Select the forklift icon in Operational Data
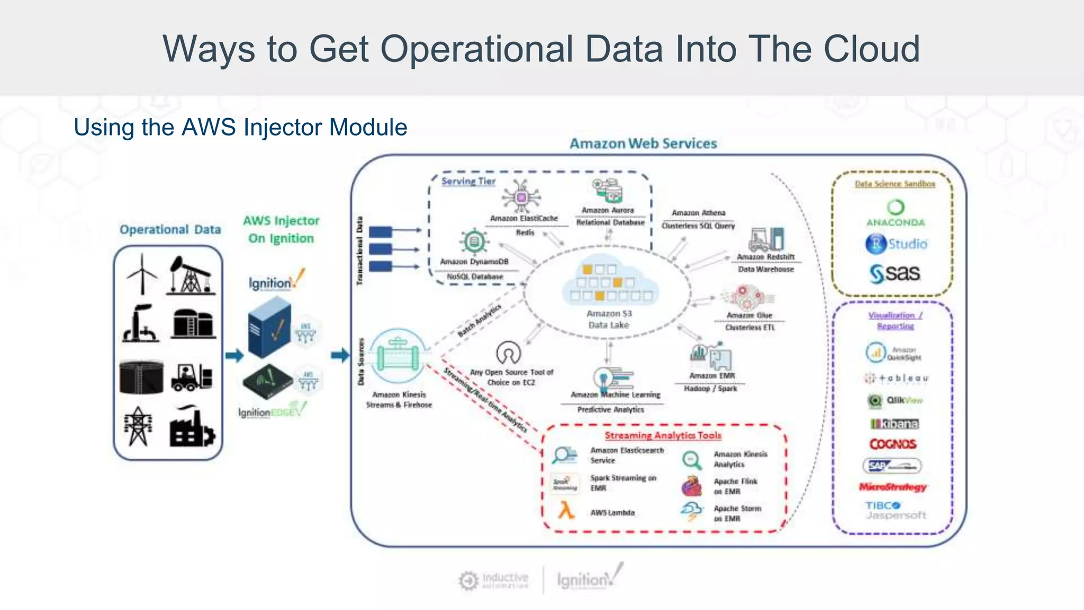click(191, 377)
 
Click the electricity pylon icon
click(138, 426)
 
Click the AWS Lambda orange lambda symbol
click(566, 511)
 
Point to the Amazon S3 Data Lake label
click(609, 319)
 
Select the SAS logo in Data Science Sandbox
click(895, 273)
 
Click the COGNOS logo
click(893, 444)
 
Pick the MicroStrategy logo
click(893, 487)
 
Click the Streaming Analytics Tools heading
click(663, 435)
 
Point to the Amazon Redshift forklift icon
click(766, 239)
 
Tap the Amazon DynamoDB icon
click(474, 243)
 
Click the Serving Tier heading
click(468, 181)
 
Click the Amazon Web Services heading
click(643, 143)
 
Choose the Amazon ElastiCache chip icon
click(521, 197)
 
